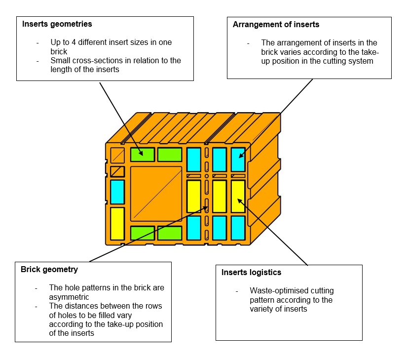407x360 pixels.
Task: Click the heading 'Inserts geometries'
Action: coord(57,24)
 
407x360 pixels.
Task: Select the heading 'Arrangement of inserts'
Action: coord(276,25)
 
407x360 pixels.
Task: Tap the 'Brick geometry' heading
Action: coord(49,270)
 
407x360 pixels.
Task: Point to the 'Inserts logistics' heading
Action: coord(251,272)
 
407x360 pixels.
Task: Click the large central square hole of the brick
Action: coord(156,193)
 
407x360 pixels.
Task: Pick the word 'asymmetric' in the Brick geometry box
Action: coord(70,297)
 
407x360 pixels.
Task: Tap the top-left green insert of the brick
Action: coord(143,154)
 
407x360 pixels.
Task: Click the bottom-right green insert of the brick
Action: coord(170,233)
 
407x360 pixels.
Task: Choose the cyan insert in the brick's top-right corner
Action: coord(238,160)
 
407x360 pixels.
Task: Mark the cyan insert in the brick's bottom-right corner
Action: coord(238,227)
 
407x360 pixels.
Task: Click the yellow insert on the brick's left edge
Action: coord(117,223)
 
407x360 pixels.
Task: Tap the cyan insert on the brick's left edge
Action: coord(117,192)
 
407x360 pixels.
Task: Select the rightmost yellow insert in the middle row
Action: coord(238,196)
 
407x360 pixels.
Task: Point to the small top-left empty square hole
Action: coord(117,155)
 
